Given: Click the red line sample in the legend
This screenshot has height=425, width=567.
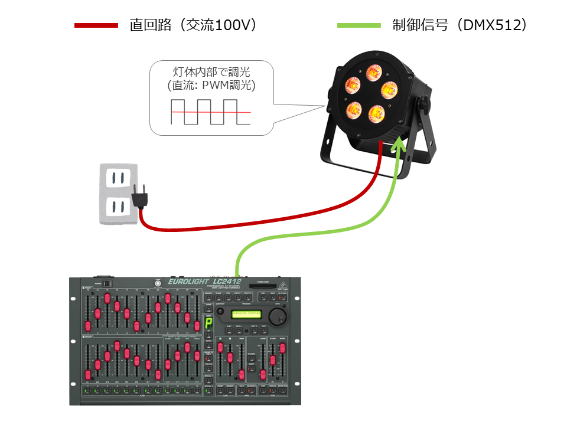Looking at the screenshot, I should (x=96, y=25).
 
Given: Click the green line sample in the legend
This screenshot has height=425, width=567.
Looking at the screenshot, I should (x=359, y=25).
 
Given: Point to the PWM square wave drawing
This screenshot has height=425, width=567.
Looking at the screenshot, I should (x=210, y=112).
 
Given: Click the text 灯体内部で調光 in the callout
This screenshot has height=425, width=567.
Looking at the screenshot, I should (x=211, y=73).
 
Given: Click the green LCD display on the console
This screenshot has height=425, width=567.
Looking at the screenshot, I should (x=246, y=313).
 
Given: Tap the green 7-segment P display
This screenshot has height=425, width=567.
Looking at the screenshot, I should (x=208, y=323).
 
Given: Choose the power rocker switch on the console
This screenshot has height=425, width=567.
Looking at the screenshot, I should (x=107, y=284).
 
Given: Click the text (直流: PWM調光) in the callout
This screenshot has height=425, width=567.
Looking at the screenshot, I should (x=211, y=86).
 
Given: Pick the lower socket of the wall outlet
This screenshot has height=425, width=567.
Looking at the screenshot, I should (x=118, y=206).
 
